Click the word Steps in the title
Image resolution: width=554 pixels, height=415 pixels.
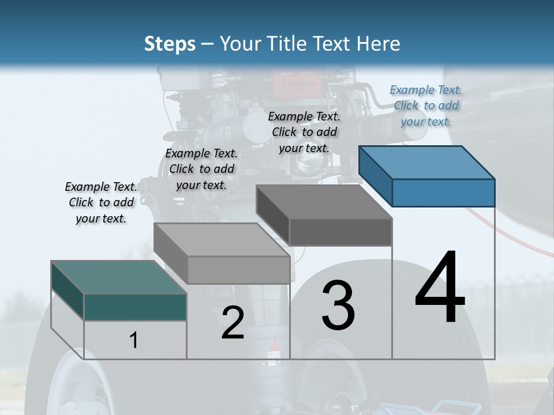point(170,44)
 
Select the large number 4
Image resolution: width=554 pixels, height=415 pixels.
point(440,288)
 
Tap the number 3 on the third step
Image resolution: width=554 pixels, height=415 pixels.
point(338,305)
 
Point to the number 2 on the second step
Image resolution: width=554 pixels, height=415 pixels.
point(233,323)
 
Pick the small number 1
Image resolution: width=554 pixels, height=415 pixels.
point(134,341)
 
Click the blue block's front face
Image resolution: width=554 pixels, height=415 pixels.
point(443,193)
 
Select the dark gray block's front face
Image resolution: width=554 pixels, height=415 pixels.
point(340,232)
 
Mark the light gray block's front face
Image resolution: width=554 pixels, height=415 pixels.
point(238,270)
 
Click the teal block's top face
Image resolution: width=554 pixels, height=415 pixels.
point(119,277)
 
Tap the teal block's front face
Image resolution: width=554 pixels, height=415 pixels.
point(135,307)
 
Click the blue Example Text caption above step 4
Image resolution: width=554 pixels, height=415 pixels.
point(426,105)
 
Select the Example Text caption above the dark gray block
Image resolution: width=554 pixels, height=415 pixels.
point(304,132)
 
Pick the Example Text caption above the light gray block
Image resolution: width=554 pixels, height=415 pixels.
point(201,169)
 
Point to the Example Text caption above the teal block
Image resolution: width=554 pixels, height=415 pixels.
point(101,202)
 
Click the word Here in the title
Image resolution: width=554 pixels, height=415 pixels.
point(381,44)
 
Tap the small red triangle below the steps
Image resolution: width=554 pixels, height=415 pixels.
point(275,345)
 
